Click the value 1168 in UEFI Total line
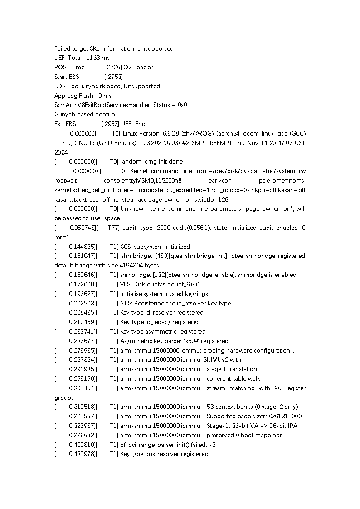coord(93,58)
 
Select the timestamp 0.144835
coord(82,247)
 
